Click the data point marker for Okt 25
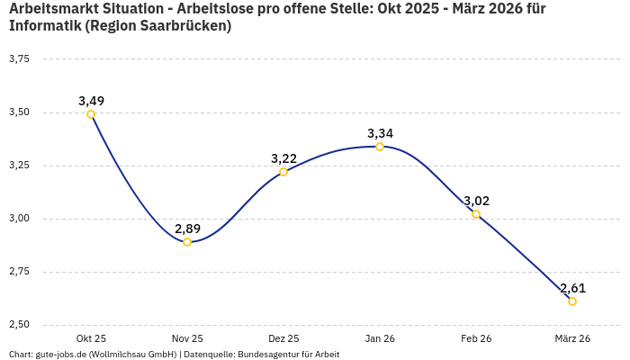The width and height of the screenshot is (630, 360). pos(91,114)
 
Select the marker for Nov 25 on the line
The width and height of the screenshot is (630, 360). pos(187,242)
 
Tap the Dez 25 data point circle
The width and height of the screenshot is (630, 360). pos(283,172)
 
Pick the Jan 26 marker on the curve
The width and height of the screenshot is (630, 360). pos(380,147)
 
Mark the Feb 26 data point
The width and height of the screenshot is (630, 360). pos(476,214)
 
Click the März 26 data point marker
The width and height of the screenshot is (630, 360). pos(572,301)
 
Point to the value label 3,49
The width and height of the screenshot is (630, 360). pos(91,100)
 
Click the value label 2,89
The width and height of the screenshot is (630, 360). pos(187,228)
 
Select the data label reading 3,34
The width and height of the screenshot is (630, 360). pos(380,133)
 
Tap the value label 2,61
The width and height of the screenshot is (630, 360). pos(572,288)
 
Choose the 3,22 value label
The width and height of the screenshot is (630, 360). pos(283,158)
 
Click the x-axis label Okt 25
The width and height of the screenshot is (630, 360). pos(91,338)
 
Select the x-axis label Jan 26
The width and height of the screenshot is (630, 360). pos(380,338)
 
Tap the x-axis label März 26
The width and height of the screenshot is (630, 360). pos(572,338)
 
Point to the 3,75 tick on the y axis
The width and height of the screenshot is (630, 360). pos(19,59)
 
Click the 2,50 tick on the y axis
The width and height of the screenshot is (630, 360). pos(19,325)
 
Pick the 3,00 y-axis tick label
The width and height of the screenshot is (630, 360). pos(19,219)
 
